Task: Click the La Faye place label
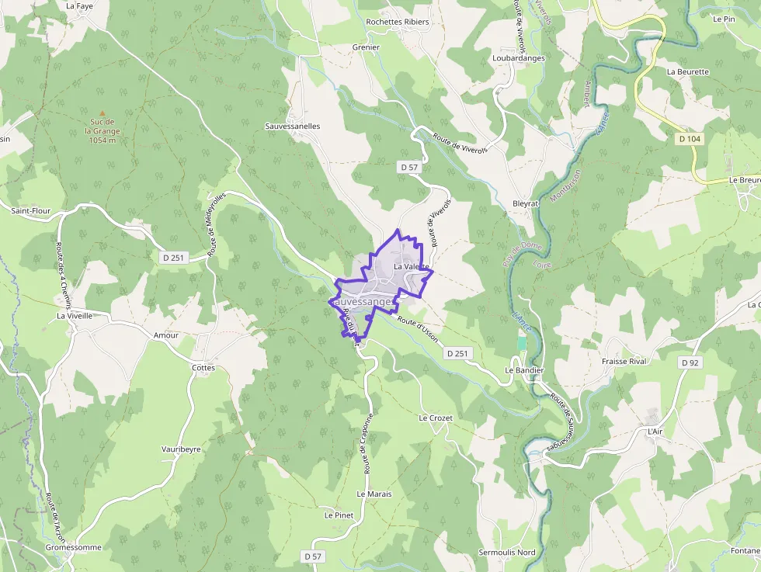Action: tap(79, 5)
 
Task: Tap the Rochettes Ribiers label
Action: tap(397, 22)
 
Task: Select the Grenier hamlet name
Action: tap(366, 47)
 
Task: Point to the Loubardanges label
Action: tap(518, 58)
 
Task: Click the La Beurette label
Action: tap(687, 71)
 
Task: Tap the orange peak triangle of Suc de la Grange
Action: tap(101, 113)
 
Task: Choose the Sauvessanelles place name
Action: tap(292, 126)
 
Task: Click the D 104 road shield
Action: tap(689, 139)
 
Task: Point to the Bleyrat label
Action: tap(525, 203)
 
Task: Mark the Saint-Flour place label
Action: tap(30, 210)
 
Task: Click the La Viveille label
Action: tap(75, 316)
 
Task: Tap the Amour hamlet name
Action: tap(165, 335)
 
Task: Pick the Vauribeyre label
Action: tap(181, 449)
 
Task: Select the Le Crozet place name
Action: tap(435, 418)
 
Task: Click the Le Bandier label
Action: tap(524, 370)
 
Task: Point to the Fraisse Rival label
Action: tap(624, 362)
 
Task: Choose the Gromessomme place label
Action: tap(73, 547)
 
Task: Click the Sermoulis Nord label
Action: tap(507, 553)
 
